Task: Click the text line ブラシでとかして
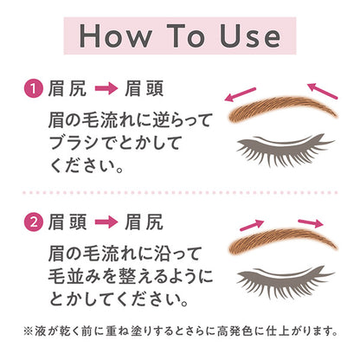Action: (x=113, y=139)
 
